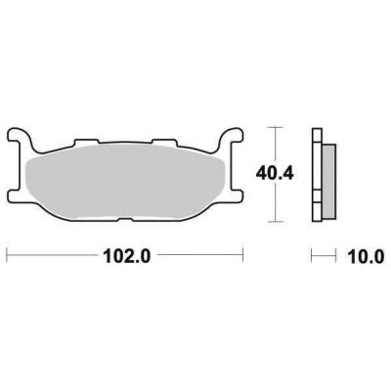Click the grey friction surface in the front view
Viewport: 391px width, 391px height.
127,181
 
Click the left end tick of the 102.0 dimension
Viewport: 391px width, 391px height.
8,258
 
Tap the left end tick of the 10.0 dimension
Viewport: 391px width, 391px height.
313,258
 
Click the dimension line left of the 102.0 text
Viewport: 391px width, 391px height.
54,258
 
